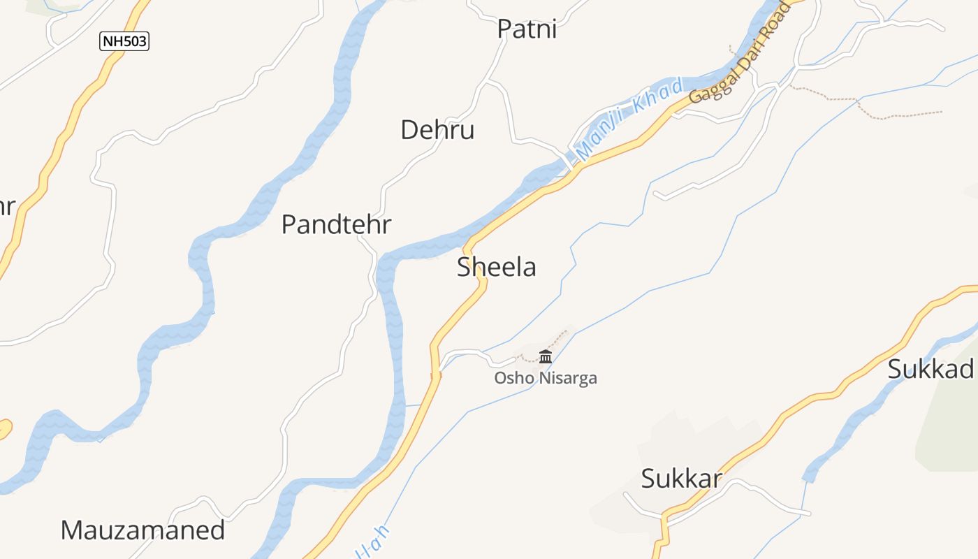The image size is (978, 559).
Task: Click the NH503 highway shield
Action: click(124, 41)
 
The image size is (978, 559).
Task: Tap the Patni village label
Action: click(527, 29)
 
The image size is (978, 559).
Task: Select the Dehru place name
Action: click(437, 130)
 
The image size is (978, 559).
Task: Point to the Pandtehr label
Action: click(336, 225)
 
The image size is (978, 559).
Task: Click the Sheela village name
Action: click(497, 267)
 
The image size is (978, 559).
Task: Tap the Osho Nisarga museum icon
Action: click(546, 357)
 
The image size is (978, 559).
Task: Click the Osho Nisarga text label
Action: click(546, 379)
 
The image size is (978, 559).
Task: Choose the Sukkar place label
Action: click(681, 479)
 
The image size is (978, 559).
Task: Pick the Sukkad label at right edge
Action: click(931, 369)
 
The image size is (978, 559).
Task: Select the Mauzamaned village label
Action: click(143, 530)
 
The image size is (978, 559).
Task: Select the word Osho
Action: click(510, 379)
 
